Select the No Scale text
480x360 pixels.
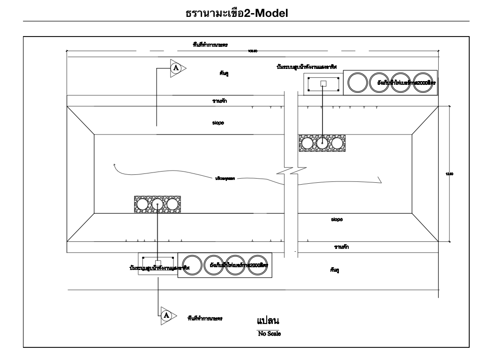pos(269,334)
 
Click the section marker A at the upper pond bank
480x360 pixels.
pos(176,67)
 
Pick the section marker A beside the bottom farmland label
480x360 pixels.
pos(165,314)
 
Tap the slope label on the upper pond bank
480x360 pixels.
pos(218,123)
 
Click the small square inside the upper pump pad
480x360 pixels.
pos(322,83)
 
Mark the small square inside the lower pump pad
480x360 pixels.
pos(158,263)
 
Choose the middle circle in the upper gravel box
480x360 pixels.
pos(322,143)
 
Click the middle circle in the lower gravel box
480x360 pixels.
pos(157,204)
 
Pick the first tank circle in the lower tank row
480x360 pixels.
pos(192,265)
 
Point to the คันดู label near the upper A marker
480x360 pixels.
pos(224,74)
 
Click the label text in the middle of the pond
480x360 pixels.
pos(225,179)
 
